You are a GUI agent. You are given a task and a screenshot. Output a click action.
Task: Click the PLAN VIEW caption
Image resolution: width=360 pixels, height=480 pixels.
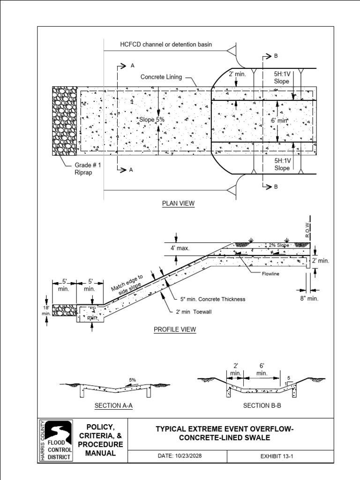[178, 203]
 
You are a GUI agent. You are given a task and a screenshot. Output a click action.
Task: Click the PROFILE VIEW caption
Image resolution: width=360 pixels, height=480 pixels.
[175, 330]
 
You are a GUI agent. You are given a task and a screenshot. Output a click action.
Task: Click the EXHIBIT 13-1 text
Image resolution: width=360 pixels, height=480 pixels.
[279, 456]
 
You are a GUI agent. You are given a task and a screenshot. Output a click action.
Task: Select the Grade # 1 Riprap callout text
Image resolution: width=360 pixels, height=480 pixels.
[88, 169]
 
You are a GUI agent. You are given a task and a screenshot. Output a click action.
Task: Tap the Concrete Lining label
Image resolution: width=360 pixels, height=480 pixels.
[161, 77]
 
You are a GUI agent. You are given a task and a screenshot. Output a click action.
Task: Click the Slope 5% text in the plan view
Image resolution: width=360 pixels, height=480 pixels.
[151, 120]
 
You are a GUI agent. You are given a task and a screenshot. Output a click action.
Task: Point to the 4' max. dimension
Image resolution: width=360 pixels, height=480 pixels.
[180, 248]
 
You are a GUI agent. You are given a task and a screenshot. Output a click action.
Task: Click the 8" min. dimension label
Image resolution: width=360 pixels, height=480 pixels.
[309, 298]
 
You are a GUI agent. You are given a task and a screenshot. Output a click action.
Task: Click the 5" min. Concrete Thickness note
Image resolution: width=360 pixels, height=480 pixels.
[213, 299]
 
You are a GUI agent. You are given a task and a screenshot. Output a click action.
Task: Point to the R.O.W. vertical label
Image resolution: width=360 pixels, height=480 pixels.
[308, 229]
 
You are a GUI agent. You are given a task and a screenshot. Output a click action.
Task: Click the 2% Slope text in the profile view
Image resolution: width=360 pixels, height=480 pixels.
[279, 245]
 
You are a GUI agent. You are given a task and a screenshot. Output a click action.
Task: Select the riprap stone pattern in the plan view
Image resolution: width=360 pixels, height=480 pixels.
[64, 120]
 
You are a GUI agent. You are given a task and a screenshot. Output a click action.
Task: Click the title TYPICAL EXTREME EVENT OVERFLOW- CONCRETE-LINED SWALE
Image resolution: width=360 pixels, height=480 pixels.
[221, 433]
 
